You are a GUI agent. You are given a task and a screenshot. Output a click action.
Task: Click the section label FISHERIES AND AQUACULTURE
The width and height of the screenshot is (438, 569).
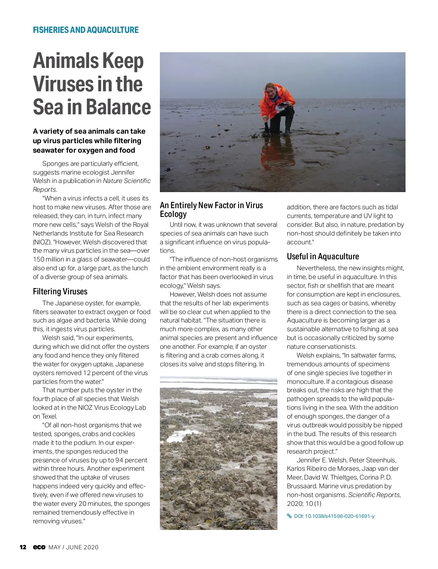tap(86, 30)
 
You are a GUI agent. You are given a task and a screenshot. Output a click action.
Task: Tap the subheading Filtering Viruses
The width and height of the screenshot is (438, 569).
tap(60, 291)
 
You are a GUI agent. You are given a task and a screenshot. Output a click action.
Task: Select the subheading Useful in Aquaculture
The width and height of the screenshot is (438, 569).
tap(323, 256)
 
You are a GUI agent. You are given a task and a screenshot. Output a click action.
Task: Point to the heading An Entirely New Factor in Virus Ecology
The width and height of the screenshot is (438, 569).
tap(211, 210)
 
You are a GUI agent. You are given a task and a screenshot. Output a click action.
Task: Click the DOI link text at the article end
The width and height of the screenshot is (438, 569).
tap(334, 516)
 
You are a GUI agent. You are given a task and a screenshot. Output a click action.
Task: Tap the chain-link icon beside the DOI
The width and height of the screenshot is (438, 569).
tap(289, 516)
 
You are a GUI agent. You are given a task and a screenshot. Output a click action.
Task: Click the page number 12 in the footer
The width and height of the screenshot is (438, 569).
tap(23, 547)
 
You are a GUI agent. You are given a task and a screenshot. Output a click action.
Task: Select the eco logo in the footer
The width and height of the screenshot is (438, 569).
tap(39, 547)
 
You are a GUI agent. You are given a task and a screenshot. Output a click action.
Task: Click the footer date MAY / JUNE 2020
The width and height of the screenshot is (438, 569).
tap(73, 547)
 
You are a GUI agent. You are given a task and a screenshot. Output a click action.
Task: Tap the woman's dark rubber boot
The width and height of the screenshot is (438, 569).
tap(288, 126)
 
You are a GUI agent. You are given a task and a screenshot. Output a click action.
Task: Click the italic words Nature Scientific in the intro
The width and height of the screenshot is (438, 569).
tap(127, 181)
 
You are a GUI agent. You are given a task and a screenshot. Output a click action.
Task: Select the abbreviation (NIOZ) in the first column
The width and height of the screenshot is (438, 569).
tap(42, 242)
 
